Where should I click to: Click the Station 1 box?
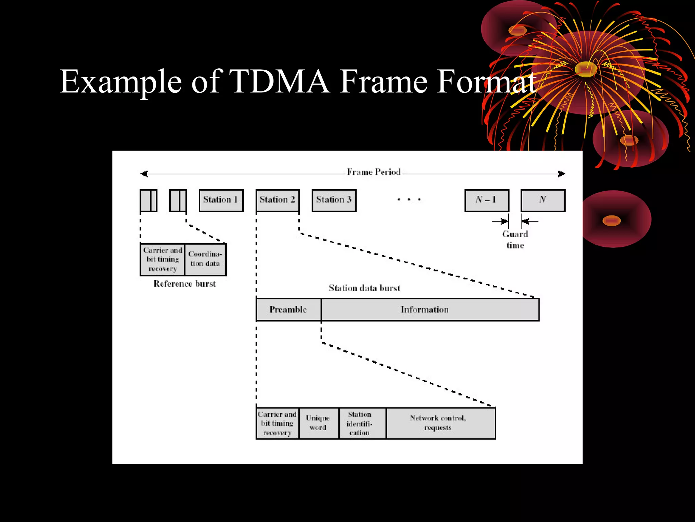(x=221, y=200)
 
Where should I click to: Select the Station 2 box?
(x=277, y=200)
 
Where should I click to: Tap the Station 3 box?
(x=334, y=200)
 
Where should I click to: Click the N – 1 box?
(x=487, y=200)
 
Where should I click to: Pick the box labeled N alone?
(x=543, y=200)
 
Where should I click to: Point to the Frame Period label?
(x=374, y=172)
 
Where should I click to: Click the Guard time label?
(x=515, y=240)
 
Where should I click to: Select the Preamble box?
(x=288, y=310)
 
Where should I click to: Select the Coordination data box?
(x=205, y=259)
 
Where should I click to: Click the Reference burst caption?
(x=185, y=284)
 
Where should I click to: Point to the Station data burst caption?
(x=364, y=288)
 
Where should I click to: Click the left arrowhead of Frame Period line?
(x=144, y=174)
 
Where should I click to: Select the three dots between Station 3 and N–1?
(x=409, y=199)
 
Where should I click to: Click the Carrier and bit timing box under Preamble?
(x=277, y=423)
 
